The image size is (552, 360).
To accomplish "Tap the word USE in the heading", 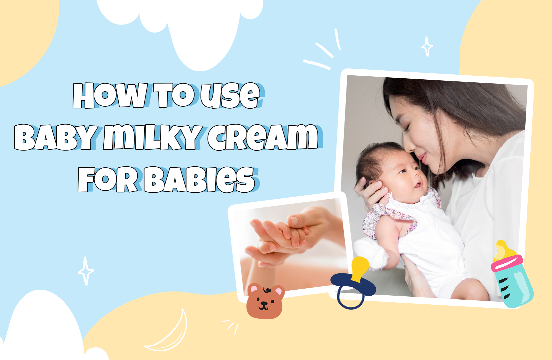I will point(230,96).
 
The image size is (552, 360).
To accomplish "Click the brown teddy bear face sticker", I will point(265,301).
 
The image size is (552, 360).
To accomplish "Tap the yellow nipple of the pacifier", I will point(360,267).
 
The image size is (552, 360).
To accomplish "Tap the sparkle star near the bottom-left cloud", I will point(86,271).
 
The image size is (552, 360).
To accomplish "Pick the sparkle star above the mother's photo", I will point(427,46).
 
